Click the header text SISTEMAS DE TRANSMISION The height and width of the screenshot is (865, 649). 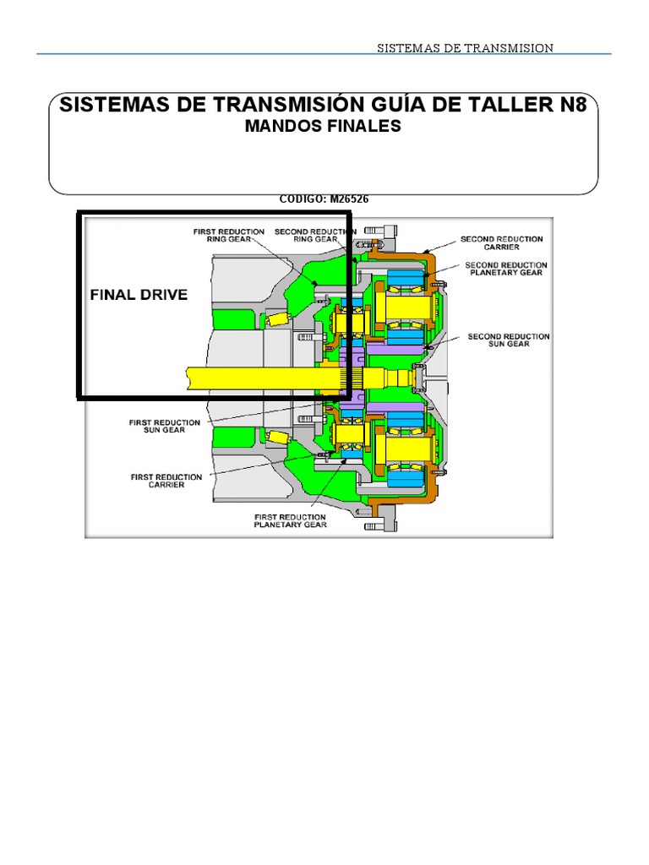465,48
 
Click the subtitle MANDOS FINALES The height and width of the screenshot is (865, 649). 322,127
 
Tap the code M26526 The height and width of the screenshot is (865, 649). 349,199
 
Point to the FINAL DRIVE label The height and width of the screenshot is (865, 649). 139,295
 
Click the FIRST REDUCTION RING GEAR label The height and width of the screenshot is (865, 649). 229,235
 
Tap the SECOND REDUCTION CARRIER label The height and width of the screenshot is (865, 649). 502,243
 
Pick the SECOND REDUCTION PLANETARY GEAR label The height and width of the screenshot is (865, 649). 506,269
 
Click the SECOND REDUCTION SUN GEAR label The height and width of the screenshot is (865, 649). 509,340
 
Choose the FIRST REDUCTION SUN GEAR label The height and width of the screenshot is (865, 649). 165,426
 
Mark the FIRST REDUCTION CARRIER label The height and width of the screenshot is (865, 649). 166,481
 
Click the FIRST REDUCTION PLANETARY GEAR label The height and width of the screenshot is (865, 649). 290,520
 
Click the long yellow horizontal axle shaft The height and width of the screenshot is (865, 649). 254,378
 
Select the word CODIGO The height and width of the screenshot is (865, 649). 303,199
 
